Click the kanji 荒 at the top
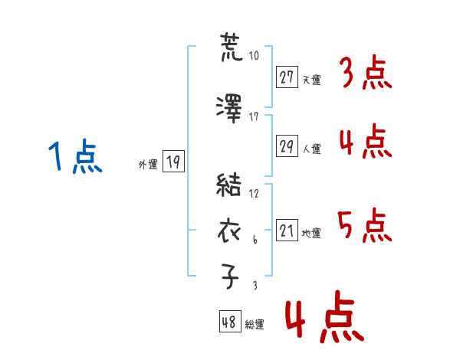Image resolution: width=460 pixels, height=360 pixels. pyautogui.click(x=232, y=47)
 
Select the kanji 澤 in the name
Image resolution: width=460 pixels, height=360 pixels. pyautogui.click(x=228, y=109)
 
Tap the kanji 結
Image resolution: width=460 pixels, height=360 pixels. pyautogui.click(x=228, y=185)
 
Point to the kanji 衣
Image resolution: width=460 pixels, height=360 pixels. pyautogui.click(x=229, y=231)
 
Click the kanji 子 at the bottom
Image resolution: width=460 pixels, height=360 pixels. pyautogui.click(x=230, y=276)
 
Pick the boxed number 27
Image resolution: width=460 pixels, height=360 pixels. pyautogui.click(x=287, y=77)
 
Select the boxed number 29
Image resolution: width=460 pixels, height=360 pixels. pyautogui.click(x=287, y=146)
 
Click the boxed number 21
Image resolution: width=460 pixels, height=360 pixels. pyautogui.click(x=287, y=230)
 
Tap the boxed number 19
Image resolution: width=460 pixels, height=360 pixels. pyautogui.click(x=173, y=162)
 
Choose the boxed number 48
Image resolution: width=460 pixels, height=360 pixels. pyautogui.click(x=230, y=322)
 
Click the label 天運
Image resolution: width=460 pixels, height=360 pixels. pyautogui.click(x=311, y=80)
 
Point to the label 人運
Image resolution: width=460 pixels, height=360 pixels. pyautogui.click(x=311, y=149)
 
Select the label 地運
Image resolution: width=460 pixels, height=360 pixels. pyautogui.click(x=311, y=233)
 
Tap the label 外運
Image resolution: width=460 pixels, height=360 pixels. pyautogui.click(x=148, y=165)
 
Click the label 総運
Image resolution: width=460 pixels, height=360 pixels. pyautogui.click(x=255, y=325)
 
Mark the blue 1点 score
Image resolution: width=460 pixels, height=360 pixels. pyautogui.click(x=75, y=156)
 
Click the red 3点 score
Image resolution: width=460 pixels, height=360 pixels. pyautogui.click(x=366, y=72)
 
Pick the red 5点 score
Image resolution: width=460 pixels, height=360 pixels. pyautogui.click(x=365, y=225)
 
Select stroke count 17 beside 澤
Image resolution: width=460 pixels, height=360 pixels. pyautogui.click(x=254, y=117)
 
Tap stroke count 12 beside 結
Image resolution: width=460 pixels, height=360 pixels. pyautogui.click(x=254, y=193)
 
